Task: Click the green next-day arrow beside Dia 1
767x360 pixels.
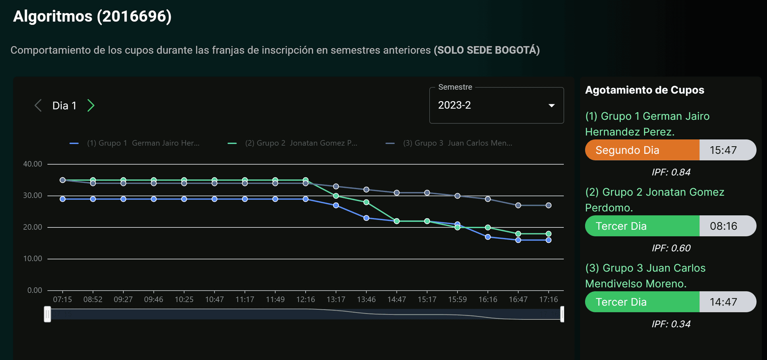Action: tap(91, 105)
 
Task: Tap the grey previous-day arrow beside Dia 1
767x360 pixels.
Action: tap(38, 105)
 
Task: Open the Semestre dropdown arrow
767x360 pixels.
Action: tap(552, 105)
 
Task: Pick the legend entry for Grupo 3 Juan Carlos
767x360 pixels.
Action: tap(449, 143)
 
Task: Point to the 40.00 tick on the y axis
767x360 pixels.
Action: tap(33, 164)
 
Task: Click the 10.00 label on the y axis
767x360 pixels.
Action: tap(33, 259)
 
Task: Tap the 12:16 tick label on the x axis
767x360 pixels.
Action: tap(306, 299)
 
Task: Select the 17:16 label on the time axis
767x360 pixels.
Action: tap(548, 299)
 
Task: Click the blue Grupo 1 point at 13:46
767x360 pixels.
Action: tap(366, 218)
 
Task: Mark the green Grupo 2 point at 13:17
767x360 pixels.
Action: tap(336, 196)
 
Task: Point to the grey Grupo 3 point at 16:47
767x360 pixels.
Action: tap(518, 205)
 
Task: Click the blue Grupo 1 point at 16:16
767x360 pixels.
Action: tap(488, 237)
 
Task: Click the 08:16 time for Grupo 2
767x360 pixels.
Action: tap(723, 226)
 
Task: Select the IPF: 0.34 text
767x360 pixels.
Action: tap(671, 324)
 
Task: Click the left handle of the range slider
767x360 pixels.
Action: tap(48, 314)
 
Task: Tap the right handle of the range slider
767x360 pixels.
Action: tap(562, 314)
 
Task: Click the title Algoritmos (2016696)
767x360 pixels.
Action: tap(92, 16)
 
